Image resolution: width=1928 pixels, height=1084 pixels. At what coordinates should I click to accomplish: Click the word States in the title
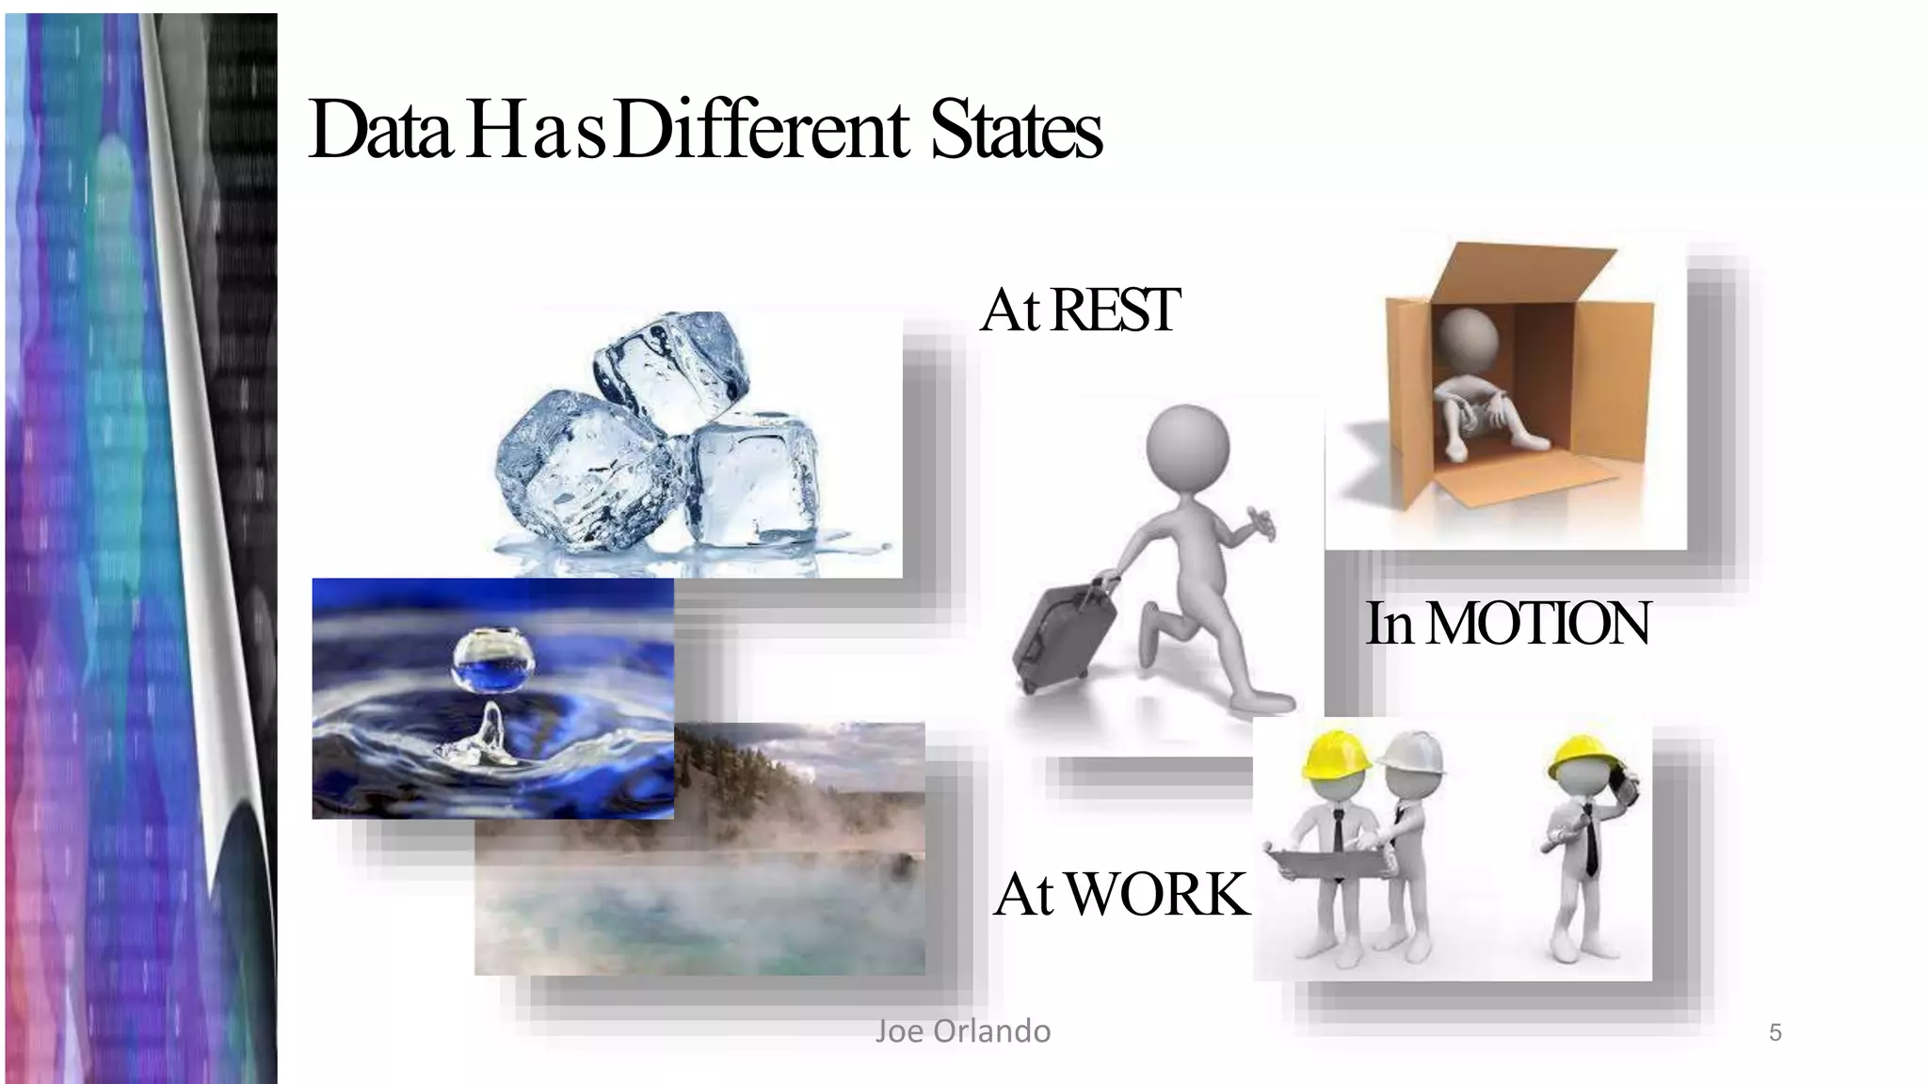click(1016, 132)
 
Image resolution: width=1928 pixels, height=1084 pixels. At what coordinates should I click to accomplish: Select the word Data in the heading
click(380, 132)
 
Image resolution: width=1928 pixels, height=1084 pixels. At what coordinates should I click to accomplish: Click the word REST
click(1115, 310)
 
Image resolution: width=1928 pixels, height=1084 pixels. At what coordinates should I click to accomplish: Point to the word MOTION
click(1538, 623)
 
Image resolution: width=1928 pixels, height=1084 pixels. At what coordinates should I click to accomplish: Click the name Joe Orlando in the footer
click(962, 1031)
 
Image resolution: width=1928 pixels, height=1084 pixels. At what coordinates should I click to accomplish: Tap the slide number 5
click(1775, 1033)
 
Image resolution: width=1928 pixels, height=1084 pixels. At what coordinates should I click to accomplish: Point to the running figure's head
click(1186, 448)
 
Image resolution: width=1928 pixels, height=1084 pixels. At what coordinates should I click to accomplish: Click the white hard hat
click(1410, 753)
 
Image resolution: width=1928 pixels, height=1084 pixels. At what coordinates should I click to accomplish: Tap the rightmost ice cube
click(753, 480)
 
